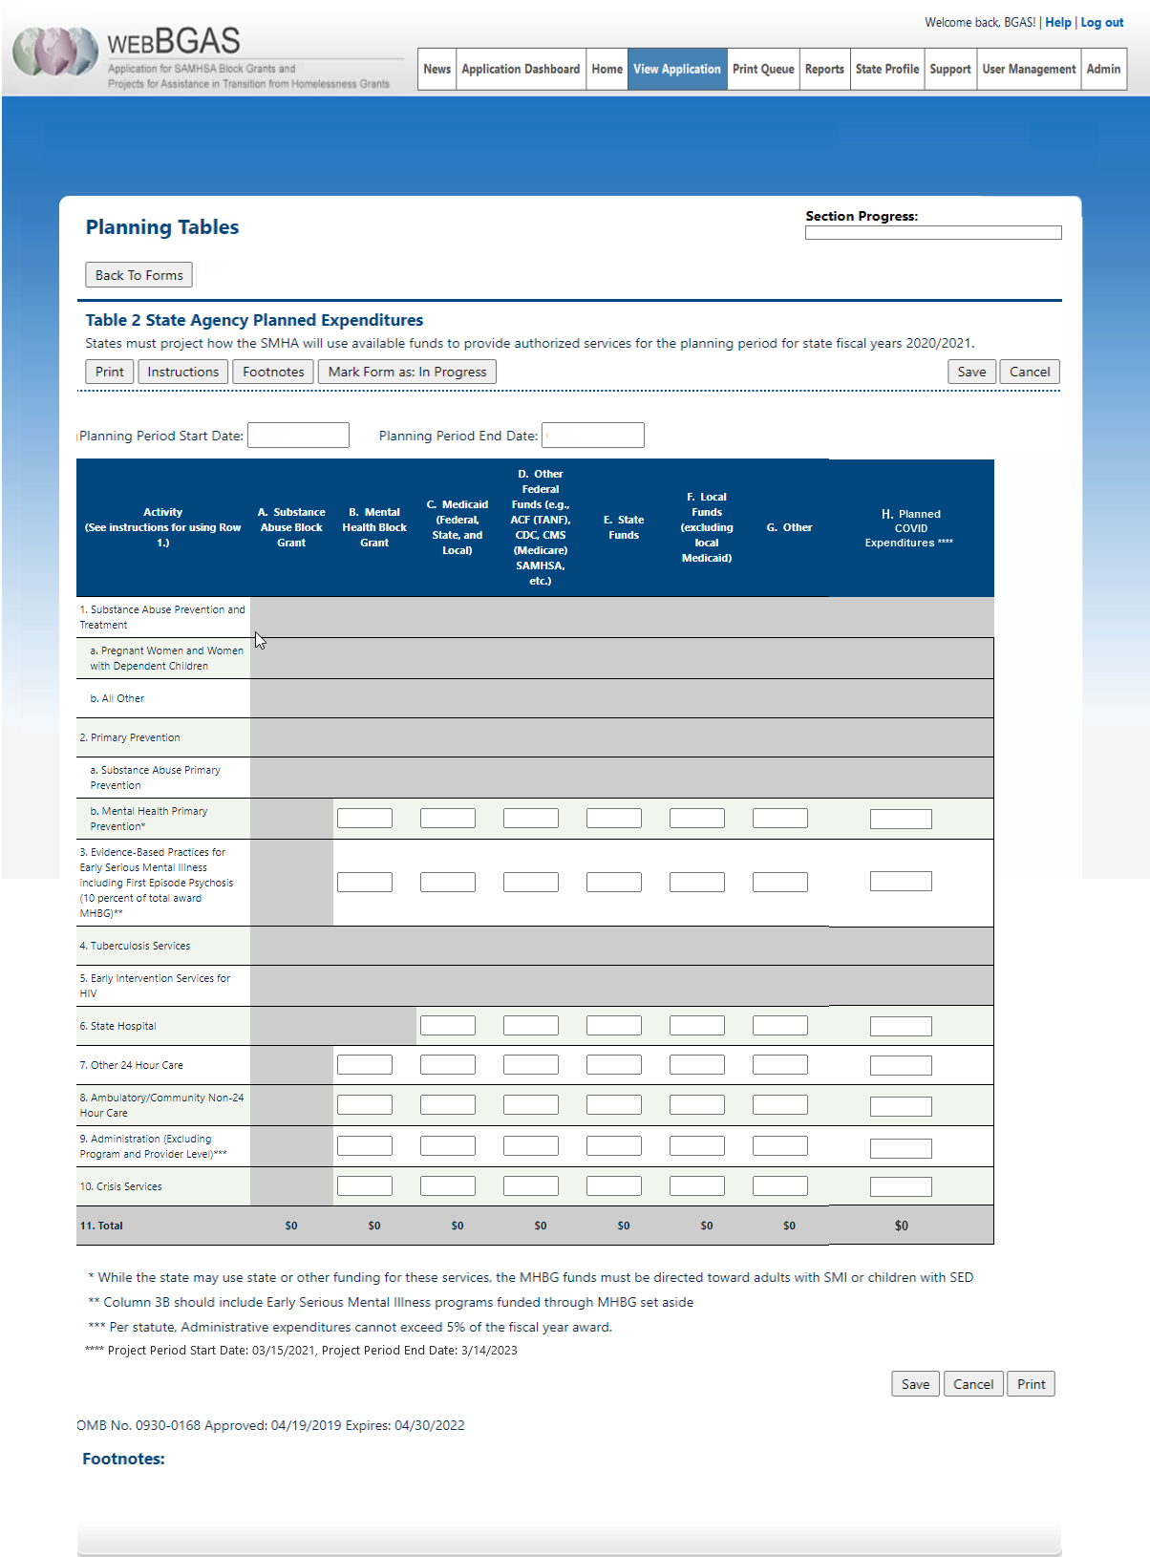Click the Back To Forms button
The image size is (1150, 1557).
138,275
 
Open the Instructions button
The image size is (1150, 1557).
182,372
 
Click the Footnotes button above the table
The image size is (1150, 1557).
273,372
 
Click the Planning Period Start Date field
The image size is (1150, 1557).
298,436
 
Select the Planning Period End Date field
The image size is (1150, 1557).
592,436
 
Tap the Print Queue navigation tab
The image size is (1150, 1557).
763,69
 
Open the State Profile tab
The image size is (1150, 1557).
886,69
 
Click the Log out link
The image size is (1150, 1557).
1101,22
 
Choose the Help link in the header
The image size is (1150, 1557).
1057,22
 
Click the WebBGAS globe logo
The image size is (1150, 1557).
54,52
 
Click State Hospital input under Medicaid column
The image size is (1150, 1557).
447,1026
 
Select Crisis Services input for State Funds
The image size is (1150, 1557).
613,1186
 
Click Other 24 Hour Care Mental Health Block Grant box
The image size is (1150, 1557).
364,1065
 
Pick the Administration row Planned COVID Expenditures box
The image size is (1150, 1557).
900,1148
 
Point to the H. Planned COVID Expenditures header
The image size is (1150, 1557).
910,528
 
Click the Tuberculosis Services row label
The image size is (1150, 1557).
135,946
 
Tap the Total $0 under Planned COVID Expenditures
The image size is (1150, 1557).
901,1226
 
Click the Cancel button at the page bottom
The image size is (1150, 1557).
972,1384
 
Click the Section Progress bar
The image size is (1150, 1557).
932,233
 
